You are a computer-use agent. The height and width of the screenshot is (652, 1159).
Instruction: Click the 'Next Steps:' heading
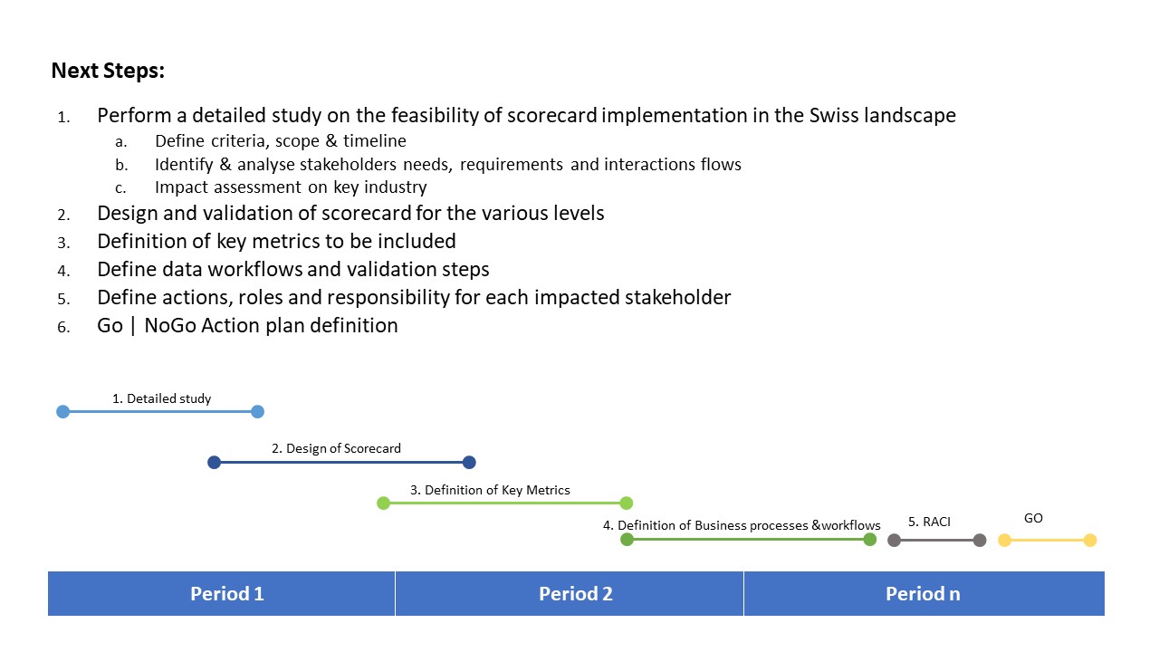(108, 71)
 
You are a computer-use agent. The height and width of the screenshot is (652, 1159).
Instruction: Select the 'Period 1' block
(222, 593)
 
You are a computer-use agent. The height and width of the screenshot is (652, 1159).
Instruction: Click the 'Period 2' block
(570, 593)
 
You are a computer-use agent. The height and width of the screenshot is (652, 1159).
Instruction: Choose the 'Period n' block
(924, 593)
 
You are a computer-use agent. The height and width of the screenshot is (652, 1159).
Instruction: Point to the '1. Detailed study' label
(161, 398)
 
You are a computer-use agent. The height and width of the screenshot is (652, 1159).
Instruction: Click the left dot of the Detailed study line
(62, 412)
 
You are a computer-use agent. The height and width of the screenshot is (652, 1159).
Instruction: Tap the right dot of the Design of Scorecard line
(469, 462)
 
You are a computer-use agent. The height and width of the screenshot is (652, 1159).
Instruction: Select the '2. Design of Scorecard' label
(336, 448)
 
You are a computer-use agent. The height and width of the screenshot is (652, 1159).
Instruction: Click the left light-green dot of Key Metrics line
(383, 503)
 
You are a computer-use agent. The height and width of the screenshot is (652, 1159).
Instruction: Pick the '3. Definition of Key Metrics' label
(490, 490)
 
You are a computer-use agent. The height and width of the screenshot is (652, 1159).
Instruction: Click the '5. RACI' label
(929, 522)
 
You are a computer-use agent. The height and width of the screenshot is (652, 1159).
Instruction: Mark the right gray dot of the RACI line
(980, 541)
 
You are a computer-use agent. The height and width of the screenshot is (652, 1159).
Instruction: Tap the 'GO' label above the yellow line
(1033, 519)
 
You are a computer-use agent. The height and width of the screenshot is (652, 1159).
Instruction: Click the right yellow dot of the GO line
(1090, 541)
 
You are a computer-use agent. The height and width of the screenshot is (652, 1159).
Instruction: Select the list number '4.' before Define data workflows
(63, 271)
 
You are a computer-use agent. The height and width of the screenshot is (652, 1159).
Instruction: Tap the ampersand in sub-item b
(225, 165)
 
